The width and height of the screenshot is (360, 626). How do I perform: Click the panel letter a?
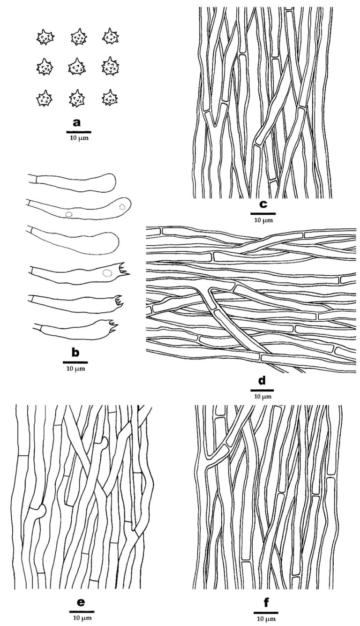(76, 123)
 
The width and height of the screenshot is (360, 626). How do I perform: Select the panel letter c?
(263, 204)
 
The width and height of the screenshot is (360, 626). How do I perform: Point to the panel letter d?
(262, 381)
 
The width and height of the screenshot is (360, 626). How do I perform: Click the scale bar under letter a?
(79, 132)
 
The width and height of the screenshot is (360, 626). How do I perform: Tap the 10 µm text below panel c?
(263, 220)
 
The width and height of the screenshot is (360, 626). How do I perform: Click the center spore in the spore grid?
(77, 67)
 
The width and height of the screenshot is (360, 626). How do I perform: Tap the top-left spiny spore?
(45, 38)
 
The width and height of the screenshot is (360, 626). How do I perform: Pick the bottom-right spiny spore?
(110, 98)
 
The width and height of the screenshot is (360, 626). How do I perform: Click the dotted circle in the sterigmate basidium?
(107, 273)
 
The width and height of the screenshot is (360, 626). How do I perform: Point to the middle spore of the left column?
(45, 67)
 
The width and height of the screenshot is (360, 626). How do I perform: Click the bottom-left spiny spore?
(44, 98)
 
